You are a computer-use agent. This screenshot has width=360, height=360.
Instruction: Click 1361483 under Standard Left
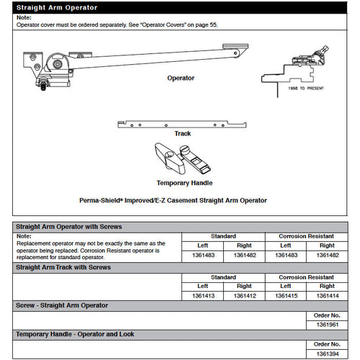(203, 255)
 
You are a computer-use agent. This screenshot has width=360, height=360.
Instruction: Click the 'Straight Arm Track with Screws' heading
(63, 267)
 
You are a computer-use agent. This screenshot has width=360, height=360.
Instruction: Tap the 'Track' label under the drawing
(182, 133)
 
